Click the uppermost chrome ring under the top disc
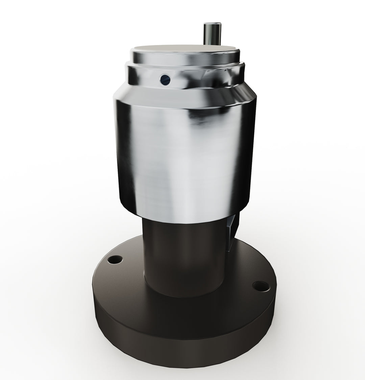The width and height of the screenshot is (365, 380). tap(184, 59)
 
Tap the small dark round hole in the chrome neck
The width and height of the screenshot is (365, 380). tap(166, 80)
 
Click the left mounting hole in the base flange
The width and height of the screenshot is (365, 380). tap(115, 260)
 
